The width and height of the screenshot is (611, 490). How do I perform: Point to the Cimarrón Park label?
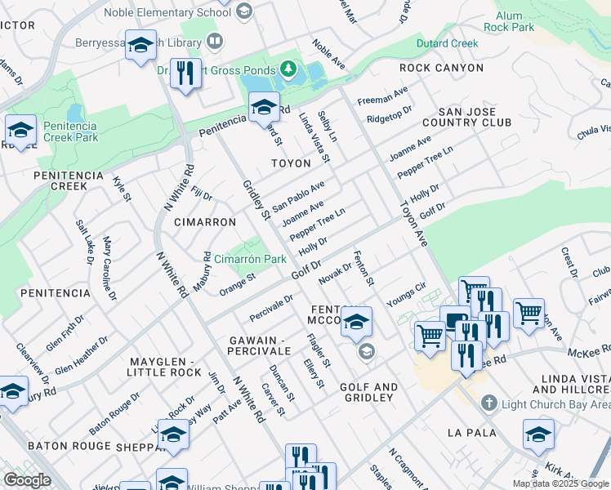[x=250, y=259]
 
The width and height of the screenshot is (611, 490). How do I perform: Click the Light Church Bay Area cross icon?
[x=488, y=403]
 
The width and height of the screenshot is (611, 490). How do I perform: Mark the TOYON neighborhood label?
[x=291, y=163]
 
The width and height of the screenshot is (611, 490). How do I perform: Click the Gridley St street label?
[x=256, y=199]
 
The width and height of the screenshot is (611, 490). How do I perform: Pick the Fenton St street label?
[x=363, y=269]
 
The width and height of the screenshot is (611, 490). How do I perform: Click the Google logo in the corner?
[x=27, y=480]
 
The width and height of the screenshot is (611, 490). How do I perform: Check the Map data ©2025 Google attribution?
[x=560, y=483]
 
